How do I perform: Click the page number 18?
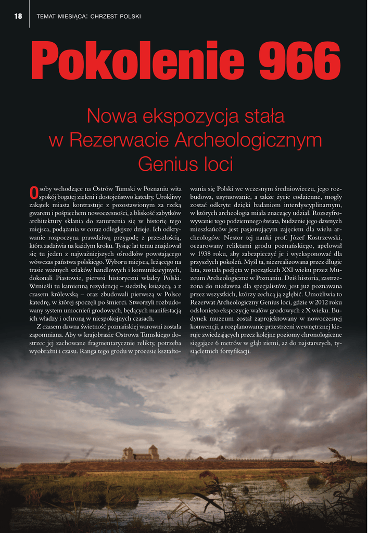[x=18, y=16]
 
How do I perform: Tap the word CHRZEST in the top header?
[x=104, y=16]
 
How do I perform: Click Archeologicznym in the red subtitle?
[x=248, y=140]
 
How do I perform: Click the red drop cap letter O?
[x=34, y=193]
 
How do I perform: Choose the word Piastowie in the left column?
[x=66, y=278]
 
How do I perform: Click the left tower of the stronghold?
[x=129, y=452]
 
